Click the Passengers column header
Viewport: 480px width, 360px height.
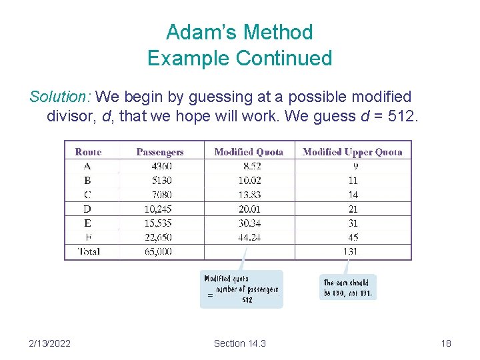[159, 152]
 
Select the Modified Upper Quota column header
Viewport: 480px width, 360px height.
[352, 152]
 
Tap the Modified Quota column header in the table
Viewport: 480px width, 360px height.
[249, 152]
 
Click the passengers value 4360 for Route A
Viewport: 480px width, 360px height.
[161, 166]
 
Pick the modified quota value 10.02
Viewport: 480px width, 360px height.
[248, 181]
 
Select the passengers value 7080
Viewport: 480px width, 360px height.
[161, 195]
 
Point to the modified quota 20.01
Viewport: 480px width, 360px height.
[248, 209]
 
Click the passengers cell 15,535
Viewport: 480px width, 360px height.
[157, 223]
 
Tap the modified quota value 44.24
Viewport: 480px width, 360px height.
[248, 237]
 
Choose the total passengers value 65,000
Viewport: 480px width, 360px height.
[157, 251]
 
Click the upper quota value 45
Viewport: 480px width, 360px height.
[353, 237]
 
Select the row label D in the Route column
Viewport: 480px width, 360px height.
[88, 209]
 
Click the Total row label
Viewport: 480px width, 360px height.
[88, 251]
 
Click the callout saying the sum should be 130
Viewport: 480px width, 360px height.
[348, 288]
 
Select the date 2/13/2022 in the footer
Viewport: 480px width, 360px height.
[51, 343]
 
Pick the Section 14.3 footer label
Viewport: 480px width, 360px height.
[239, 343]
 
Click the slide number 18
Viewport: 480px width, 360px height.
[446, 343]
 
